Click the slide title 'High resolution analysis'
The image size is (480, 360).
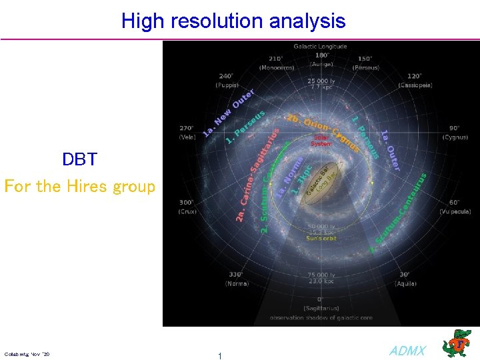pyautogui.click(x=233, y=21)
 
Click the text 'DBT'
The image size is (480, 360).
pyautogui.click(x=79, y=159)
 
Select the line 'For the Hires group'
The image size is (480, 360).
pyautogui.click(x=79, y=186)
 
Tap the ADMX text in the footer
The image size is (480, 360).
pyautogui.click(x=407, y=351)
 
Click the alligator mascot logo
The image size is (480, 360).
pyautogui.click(x=459, y=343)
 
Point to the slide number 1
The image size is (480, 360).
pyautogui.click(x=220, y=356)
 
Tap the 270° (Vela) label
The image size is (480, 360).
pyautogui.click(x=186, y=132)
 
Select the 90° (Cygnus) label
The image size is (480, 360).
pyautogui.click(x=455, y=132)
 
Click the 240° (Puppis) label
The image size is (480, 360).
pyautogui.click(x=227, y=80)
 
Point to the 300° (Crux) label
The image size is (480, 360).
pyautogui.click(x=187, y=207)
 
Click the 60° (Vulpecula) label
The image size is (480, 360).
pyautogui.click(x=455, y=207)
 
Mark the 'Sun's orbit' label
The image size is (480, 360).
pyautogui.click(x=321, y=238)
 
